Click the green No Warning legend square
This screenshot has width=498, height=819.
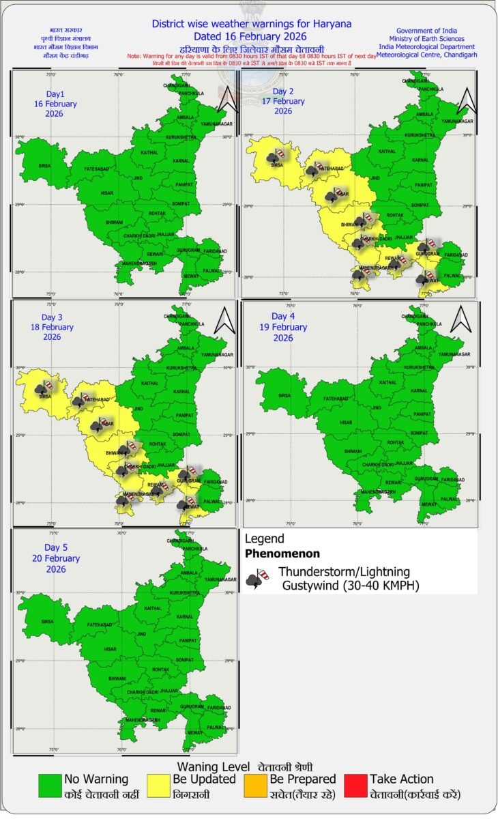pyautogui.click(x=50, y=786)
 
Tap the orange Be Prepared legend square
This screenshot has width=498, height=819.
pyautogui.click(x=256, y=786)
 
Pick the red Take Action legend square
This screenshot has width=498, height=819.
pyautogui.click(x=356, y=786)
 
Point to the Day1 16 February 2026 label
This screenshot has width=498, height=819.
pyautogui.click(x=55, y=104)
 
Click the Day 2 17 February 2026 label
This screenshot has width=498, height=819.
pyautogui.click(x=288, y=101)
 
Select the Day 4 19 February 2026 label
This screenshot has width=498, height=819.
pyautogui.click(x=289, y=327)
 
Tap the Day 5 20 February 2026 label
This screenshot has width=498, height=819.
pyautogui.click(x=62, y=558)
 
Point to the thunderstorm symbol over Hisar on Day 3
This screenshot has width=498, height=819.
pyautogui.click(x=98, y=425)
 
